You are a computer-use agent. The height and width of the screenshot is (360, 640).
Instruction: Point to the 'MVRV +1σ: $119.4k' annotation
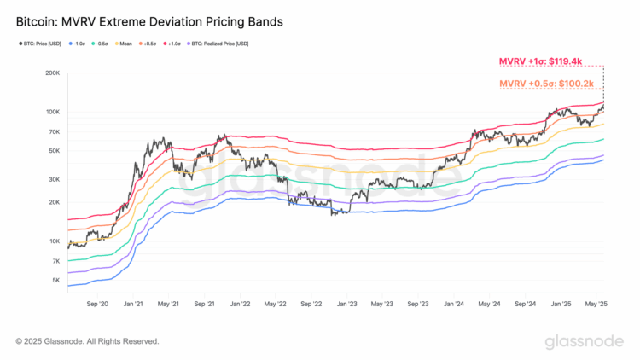point(540,61)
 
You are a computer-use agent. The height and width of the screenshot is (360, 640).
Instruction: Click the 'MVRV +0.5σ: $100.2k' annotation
point(545,83)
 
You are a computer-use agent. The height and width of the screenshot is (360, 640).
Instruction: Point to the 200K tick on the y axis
point(52,73)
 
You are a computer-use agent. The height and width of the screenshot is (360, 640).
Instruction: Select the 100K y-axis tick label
point(52,112)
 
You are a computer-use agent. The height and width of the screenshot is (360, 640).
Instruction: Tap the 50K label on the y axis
point(54,151)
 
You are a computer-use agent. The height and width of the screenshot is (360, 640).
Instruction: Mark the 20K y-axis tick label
point(54,202)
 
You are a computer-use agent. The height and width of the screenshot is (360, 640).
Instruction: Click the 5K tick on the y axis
point(55,280)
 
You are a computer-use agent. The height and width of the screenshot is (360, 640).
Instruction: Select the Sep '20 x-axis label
point(98,302)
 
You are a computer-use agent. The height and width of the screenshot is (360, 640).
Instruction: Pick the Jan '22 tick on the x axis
point(240,302)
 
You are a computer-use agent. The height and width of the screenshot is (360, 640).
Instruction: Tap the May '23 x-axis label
point(382,302)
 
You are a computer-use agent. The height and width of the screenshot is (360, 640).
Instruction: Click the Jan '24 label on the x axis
point(453,302)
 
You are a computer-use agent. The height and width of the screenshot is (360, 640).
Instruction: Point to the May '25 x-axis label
point(596,302)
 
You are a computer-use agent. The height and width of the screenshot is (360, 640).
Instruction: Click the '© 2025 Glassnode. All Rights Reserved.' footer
point(87,341)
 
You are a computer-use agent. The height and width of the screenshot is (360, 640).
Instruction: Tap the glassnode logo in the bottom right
point(585,341)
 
